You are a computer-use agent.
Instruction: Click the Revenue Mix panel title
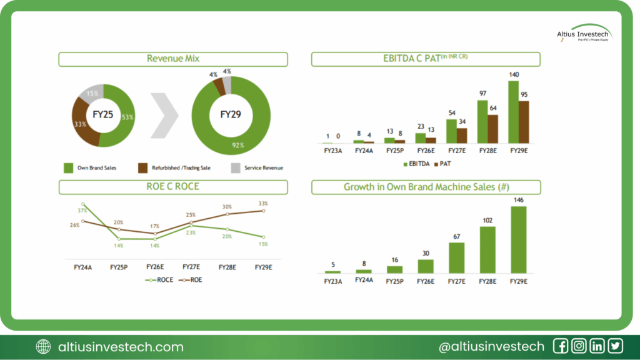coord(172,59)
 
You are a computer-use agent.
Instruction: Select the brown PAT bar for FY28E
coord(492,129)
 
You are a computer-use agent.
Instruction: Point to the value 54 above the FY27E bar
coord(452,112)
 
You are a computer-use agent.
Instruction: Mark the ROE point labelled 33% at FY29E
coord(263,211)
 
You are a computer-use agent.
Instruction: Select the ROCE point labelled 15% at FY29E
coord(263,237)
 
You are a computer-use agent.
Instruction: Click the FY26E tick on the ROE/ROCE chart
coord(155,267)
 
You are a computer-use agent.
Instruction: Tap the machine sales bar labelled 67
coord(456,257)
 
